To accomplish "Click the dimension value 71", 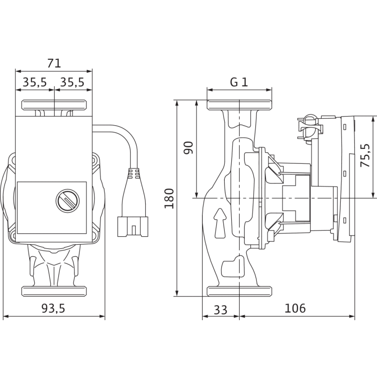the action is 54,63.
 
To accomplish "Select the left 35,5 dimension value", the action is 35,82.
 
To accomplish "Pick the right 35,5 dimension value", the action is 72,82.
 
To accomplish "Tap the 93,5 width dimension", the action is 53,308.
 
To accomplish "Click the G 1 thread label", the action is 239,82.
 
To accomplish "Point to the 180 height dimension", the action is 169,199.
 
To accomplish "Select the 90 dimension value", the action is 189,148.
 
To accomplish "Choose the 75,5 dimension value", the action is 365,155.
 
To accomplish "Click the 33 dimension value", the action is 221,310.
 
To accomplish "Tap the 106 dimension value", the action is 295,308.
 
